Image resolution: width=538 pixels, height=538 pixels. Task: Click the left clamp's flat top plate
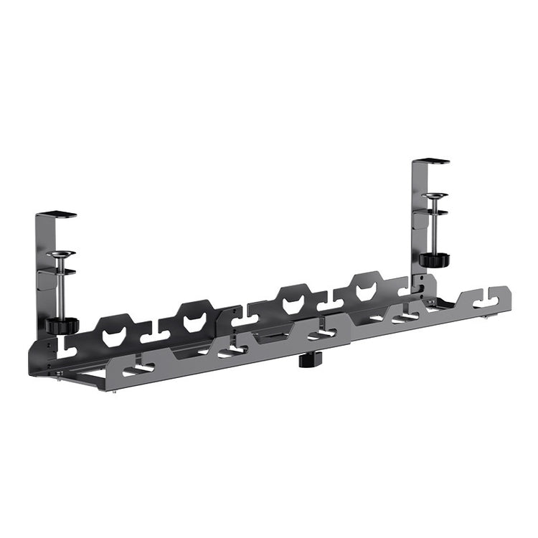[x=57, y=214]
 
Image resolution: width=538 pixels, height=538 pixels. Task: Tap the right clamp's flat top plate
[x=432, y=161]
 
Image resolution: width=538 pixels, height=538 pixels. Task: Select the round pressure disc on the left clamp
[x=61, y=253]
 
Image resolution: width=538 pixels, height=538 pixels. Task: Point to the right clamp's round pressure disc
[x=435, y=194]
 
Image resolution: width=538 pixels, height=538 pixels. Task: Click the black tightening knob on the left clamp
[x=62, y=325]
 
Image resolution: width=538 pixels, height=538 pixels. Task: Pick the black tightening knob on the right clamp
[x=432, y=259]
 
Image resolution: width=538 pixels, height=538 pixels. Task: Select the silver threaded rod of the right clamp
[x=434, y=226]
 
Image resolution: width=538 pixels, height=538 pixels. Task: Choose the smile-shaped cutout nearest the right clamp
[x=366, y=291]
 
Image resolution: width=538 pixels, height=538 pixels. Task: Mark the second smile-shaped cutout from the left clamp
[x=194, y=323]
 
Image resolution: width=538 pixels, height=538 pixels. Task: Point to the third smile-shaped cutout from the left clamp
[x=293, y=306]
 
